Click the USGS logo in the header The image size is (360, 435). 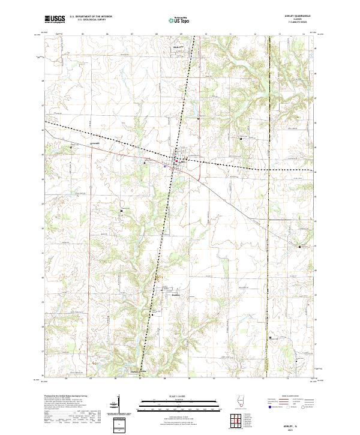click(x=55, y=19)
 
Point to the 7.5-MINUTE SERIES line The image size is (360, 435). click(x=301, y=23)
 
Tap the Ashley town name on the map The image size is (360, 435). click(x=184, y=162)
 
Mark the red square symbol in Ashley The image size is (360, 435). click(x=176, y=161)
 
